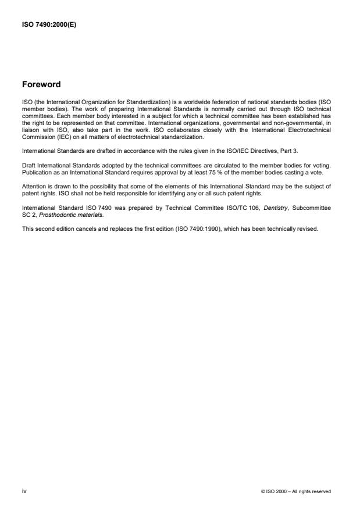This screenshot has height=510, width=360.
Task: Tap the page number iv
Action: [x=24, y=491]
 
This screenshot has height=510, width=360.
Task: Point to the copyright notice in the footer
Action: [x=297, y=492]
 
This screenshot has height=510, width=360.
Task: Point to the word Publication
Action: [x=36, y=174]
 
